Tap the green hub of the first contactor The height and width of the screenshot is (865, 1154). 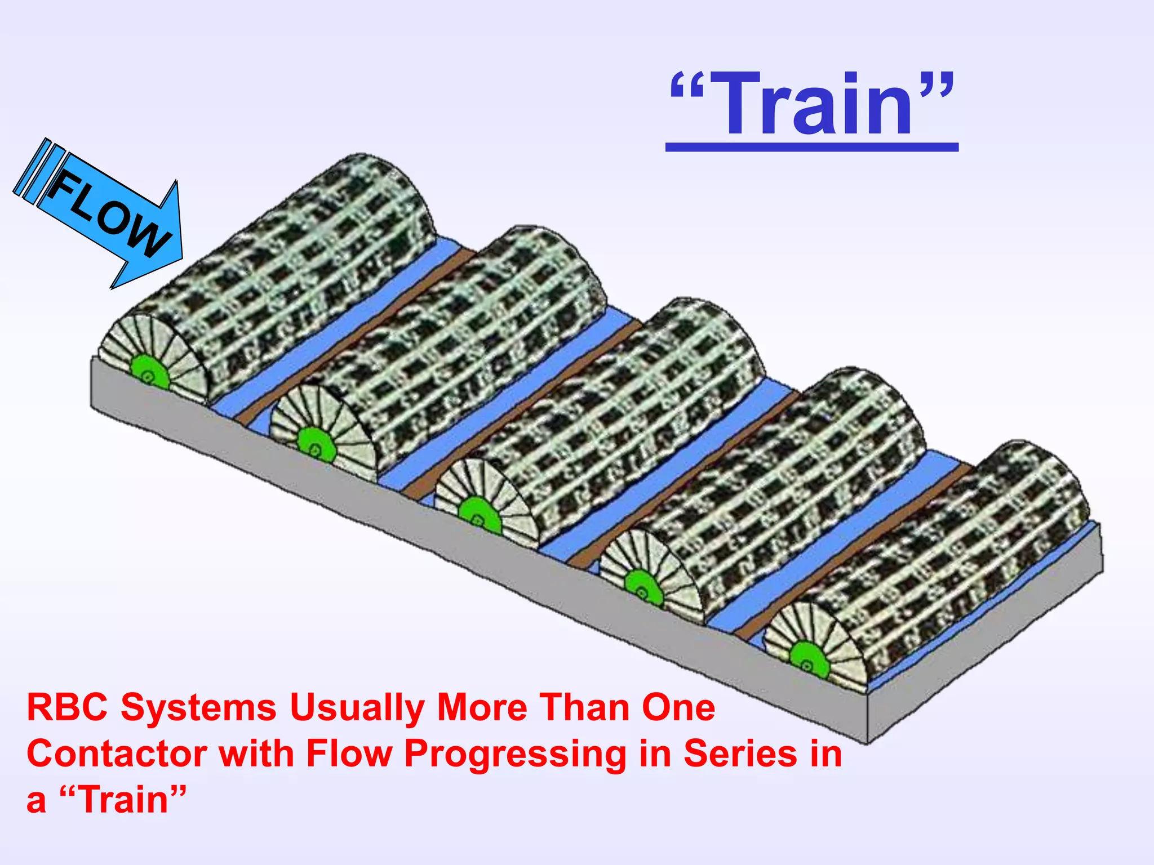click(149, 373)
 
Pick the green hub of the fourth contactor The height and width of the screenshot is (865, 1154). click(642, 589)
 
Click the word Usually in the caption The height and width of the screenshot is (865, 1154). click(356, 708)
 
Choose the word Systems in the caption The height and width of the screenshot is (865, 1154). click(198, 708)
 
